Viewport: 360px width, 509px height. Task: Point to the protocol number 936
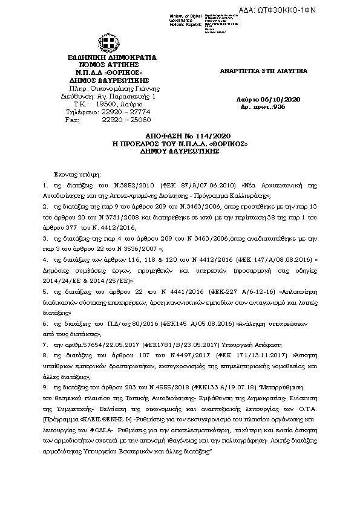pos(279,106)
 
